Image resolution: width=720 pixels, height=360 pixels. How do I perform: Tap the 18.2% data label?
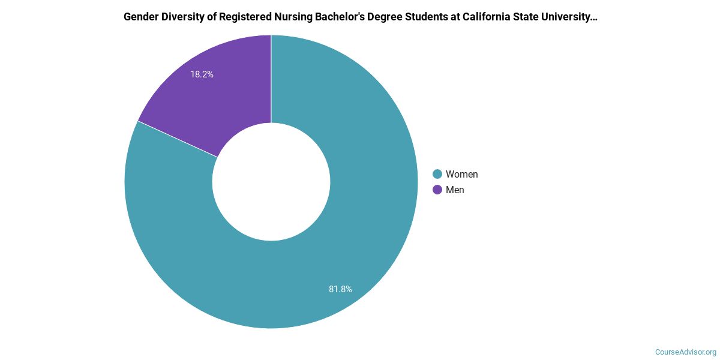click(x=202, y=75)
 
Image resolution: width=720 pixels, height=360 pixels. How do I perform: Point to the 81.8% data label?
click(x=340, y=289)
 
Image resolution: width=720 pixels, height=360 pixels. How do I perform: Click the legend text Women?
click(x=461, y=175)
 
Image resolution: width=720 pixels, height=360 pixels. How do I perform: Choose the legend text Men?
click(x=455, y=190)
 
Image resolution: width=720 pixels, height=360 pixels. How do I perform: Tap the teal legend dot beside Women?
click(x=437, y=175)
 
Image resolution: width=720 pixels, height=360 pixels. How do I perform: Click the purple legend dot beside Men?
click(x=437, y=190)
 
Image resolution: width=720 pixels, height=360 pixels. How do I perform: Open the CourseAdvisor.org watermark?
click(x=685, y=352)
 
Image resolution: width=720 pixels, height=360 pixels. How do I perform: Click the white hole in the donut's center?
click(x=271, y=182)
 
